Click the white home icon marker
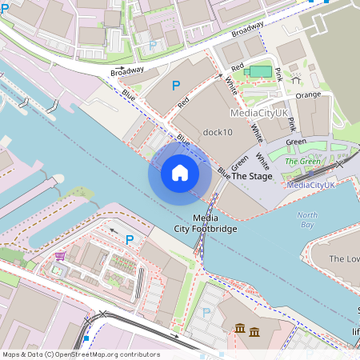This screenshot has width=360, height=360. click(x=180, y=173)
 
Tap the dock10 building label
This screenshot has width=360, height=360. click(x=217, y=132)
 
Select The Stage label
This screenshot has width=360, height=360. click(x=251, y=176)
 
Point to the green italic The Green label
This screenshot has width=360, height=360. click(x=302, y=161)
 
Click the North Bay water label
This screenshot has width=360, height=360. click(x=307, y=220)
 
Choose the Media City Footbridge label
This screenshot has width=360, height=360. click(x=206, y=224)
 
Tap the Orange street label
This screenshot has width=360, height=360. click(x=308, y=94)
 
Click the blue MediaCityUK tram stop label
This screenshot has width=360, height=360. click(x=310, y=185)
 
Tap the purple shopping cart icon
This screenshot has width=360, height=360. click(x=60, y=257)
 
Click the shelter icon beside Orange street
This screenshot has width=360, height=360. click(x=296, y=79)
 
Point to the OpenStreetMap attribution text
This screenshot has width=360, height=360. click(x=81, y=354)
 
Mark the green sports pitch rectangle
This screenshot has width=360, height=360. click(x=260, y=71)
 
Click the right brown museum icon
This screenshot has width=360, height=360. click(x=254, y=331)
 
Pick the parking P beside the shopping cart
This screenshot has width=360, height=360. click(x=130, y=239)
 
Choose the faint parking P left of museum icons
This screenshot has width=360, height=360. click(x=206, y=313)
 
